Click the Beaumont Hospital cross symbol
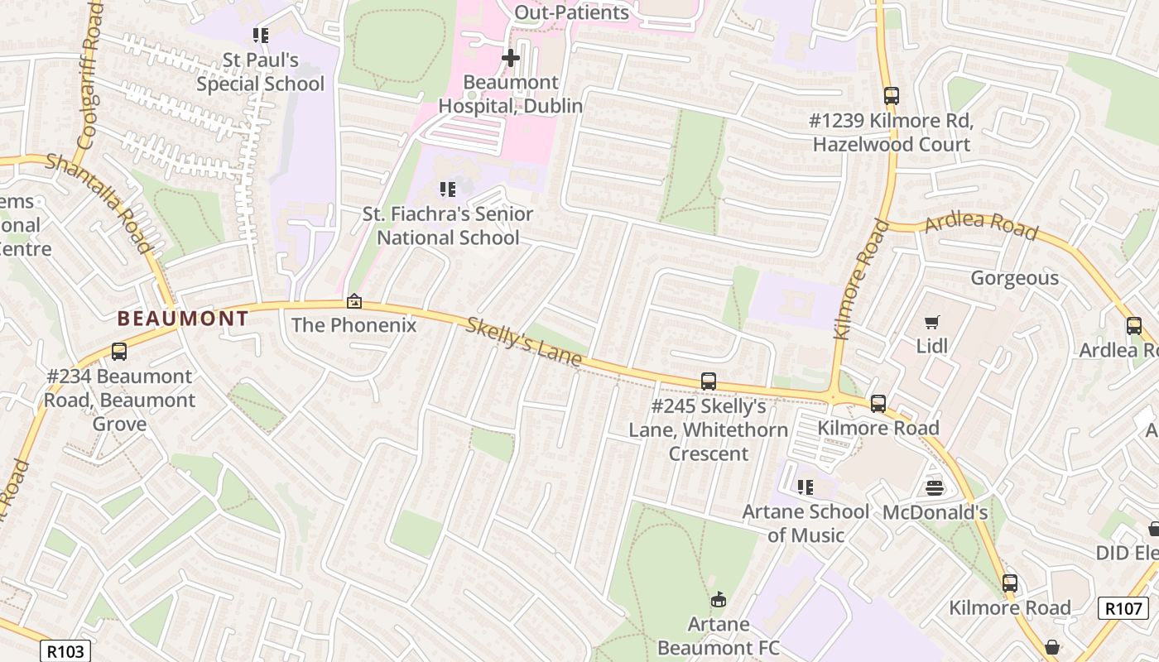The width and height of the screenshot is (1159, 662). (511, 58)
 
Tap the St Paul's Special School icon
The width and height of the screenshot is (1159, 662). (261, 36)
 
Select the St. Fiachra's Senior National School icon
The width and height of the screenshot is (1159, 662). (448, 189)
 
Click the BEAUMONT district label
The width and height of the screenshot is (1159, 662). (182, 319)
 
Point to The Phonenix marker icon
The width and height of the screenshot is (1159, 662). (354, 302)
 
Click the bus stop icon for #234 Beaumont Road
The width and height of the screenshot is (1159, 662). (119, 352)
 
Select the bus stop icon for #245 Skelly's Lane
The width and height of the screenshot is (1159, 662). (709, 381)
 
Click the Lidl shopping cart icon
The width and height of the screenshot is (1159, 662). (932, 322)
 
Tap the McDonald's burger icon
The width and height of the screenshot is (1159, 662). (935, 488)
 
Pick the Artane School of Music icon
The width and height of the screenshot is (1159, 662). (806, 487)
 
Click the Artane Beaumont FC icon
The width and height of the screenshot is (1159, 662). (719, 599)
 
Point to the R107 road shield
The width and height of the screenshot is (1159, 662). (1123, 608)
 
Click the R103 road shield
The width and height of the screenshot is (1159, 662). (65, 651)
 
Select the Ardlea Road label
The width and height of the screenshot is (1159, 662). (981, 226)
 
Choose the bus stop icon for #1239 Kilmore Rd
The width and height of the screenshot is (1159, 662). (892, 96)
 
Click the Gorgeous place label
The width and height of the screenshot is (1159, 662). (1014, 278)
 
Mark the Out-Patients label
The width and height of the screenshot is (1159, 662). (571, 12)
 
